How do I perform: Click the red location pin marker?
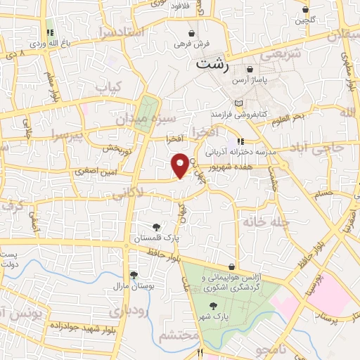point(180,165)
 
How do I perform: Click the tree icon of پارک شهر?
point(214,304)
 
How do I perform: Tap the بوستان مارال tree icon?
point(133,276)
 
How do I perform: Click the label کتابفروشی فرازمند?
point(238,113)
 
